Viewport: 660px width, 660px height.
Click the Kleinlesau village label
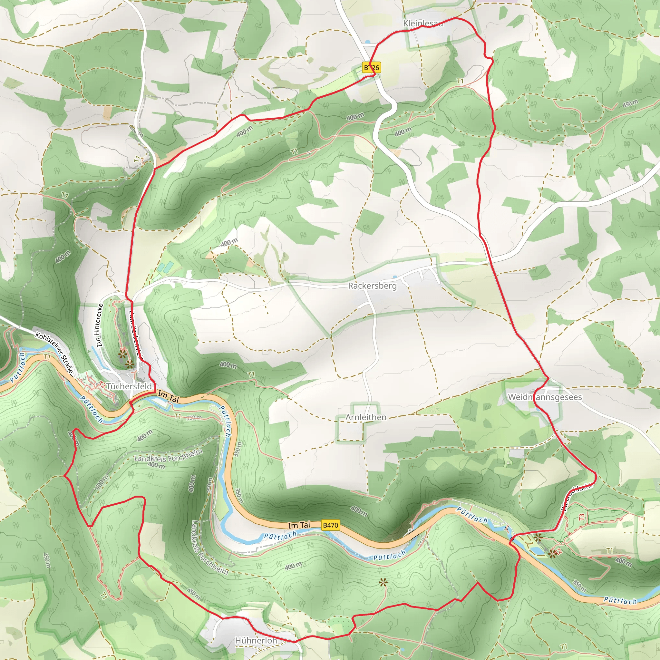tap(422, 23)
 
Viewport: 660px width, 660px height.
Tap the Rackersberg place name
tap(372, 286)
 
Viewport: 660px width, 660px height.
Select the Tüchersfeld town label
tap(129, 386)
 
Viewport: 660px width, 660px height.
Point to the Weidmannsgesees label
tap(545, 397)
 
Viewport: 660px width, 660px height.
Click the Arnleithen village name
tap(366, 417)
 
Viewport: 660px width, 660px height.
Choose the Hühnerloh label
tap(256, 641)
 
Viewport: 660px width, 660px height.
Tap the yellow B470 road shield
tap(330, 525)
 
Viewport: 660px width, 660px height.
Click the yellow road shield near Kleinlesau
tap(371, 68)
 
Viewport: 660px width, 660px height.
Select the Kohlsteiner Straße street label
tap(54, 352)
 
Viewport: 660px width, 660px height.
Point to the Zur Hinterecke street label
tap(99, 325)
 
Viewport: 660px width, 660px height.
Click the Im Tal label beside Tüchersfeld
tap(168, 397)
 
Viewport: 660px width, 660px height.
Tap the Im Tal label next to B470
tap(299, 525)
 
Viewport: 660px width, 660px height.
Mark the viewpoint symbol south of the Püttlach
tap(383, 583)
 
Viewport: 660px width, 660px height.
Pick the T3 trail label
tap(582, 517)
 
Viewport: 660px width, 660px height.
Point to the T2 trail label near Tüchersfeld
tap(102, 385)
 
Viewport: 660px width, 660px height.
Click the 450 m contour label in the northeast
tap(630, 103)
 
